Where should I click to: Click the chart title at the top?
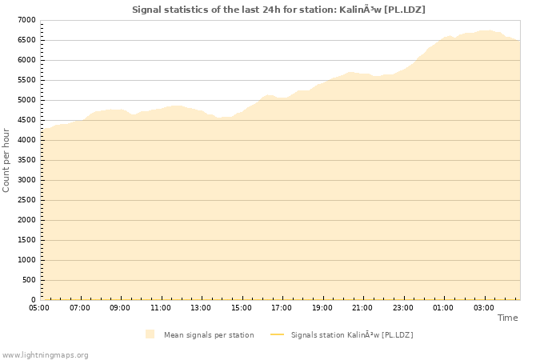[278, 10]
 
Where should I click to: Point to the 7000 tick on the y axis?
[26, 20]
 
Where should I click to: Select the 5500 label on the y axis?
[26, 80]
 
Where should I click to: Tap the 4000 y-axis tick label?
[26, 140]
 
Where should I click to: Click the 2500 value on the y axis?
[26, 200]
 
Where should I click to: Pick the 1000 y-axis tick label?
[26, 260]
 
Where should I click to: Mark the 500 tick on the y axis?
[29, 280]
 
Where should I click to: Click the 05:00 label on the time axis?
[39, 307]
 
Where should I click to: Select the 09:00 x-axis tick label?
[120, 307]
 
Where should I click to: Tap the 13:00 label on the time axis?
[201, 307]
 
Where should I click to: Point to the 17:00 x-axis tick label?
[282, 307]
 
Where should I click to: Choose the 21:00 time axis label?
[362, 307]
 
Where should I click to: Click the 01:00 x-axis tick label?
[443, 307]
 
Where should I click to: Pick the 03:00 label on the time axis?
[483, 307]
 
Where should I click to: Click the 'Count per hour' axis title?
[7, 160]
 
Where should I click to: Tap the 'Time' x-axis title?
[507, 318]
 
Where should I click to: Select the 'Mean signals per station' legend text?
[209, 334]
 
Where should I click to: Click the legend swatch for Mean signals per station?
[150, 334]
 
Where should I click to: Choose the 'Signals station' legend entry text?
[352, 334]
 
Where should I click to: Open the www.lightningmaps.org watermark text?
[46, 354]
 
